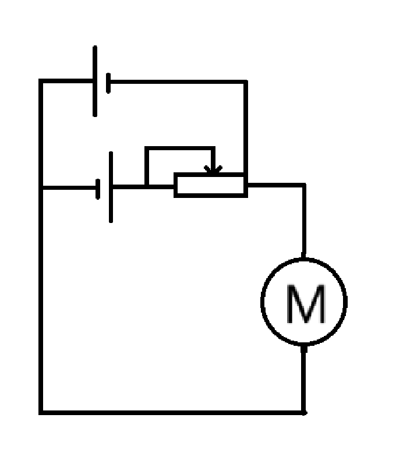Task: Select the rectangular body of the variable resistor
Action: tap(210, 185)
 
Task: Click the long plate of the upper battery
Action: tap(95, 82)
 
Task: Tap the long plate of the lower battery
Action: tap(111, 187)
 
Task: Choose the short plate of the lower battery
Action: tap(98, 187)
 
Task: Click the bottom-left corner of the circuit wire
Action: tap(41, 412)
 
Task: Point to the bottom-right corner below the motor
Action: tap(303, 412)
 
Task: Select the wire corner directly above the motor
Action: tap(303, 185)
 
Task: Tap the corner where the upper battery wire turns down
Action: tap(245, 82)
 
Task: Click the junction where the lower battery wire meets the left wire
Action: tap(41, 187)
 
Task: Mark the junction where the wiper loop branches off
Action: tap(146, 186)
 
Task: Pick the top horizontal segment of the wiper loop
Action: tap(181, 148)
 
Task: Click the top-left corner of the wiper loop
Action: tap(146, 148)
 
